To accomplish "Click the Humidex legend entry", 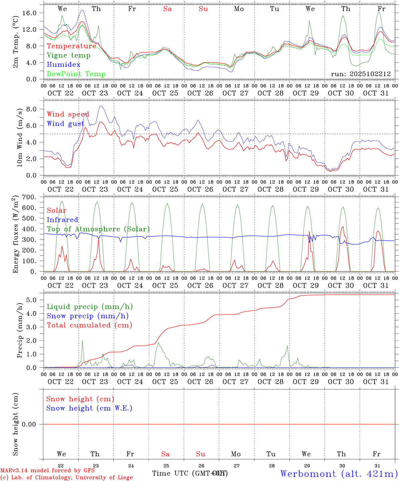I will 63,65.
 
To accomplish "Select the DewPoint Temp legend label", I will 76,74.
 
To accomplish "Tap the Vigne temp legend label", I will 69,55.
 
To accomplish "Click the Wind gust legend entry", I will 65,124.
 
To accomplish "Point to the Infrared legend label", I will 62,220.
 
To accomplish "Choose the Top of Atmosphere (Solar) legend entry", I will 98,229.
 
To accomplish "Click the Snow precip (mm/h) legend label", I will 88,316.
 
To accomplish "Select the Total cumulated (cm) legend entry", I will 89,325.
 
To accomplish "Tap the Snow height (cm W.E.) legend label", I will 89,408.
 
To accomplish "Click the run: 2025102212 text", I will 361,74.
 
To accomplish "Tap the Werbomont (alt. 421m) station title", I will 339,474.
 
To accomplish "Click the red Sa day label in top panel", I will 167,9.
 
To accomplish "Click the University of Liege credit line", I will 67,478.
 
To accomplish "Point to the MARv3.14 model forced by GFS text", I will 47,471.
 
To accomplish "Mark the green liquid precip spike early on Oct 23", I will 82,341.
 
